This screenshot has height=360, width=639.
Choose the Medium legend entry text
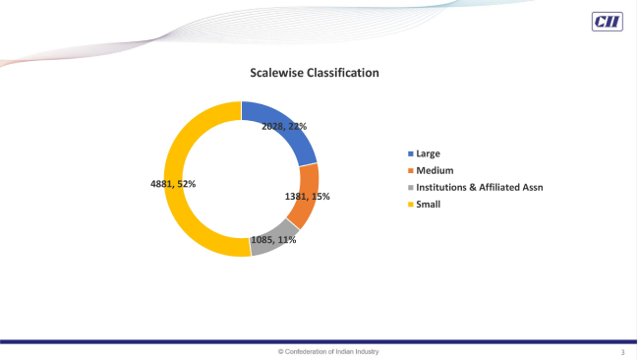pos(435,171)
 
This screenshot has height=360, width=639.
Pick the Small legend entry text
pos(429,204)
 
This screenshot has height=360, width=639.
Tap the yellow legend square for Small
pos(410,204)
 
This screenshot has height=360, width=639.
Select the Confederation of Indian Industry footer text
pos(328,351)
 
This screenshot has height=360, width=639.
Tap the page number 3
pos(622,351)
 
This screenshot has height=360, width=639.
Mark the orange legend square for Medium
pos(410,171)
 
